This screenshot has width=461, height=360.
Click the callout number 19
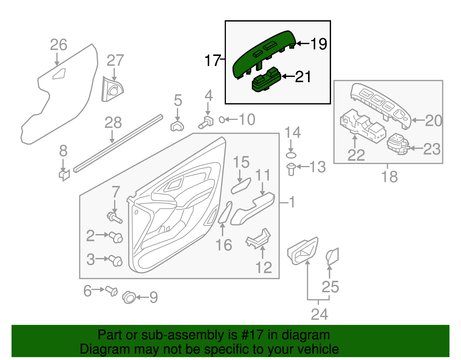tap(319, 44)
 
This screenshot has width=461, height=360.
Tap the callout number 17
tap(213, 61)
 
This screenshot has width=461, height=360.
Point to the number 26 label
tap(58, 45)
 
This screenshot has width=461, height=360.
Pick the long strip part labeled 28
tap(118, 144)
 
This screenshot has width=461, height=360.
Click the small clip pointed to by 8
tap(64, 175)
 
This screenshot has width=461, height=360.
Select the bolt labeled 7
tap(115, 218)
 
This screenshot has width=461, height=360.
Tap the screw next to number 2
tap(116, 237)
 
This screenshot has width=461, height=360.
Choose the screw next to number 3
tap(116, 261)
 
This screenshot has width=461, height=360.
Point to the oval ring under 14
tap(291, 155)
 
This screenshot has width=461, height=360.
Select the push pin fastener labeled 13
tap(291, 169)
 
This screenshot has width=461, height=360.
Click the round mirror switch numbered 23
tap(398, 144)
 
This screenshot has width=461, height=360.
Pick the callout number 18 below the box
tap(389, 176)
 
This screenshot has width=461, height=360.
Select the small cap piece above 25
tap(332, 256)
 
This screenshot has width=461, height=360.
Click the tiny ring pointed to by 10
tap(222, 119)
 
